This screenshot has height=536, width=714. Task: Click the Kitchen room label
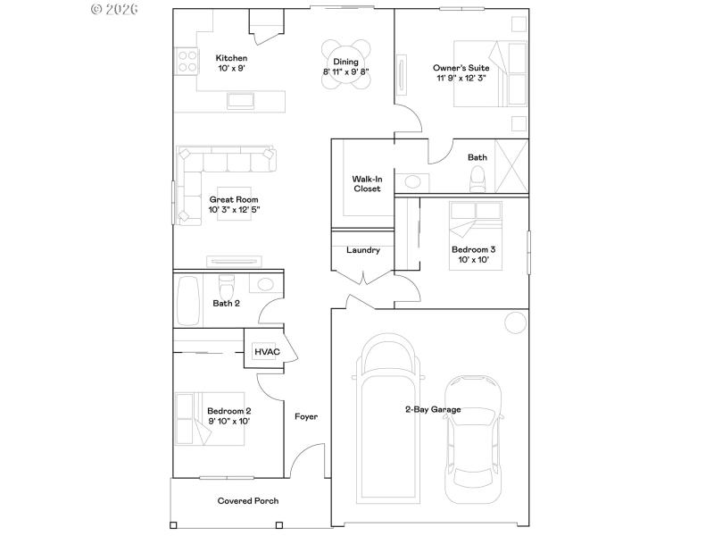coord(231,58)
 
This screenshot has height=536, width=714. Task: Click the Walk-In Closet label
coord(366,183)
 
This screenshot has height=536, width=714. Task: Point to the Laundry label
coord(363,250)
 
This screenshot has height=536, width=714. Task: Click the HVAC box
coord(267,352)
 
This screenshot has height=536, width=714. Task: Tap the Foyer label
coord(306,416)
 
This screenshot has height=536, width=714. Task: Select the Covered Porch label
coord(248,501)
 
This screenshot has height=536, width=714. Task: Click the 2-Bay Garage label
coord(433,409)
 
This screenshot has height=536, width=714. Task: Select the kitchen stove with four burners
coord(187,61)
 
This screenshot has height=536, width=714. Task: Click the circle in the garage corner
coord(514,322)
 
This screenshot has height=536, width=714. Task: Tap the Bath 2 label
coord(226,304)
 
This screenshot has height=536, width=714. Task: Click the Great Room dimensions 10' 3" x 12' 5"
coord(234,210)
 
